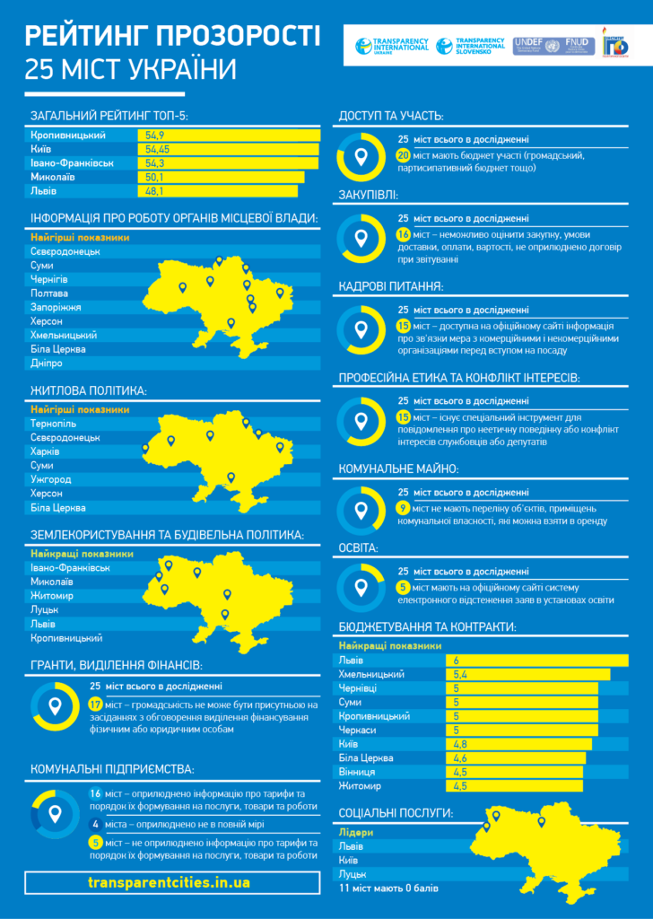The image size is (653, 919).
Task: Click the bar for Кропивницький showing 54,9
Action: click(229, 135)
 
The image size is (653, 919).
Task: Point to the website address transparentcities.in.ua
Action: click(170, 882)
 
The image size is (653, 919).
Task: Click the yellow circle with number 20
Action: click(404, 155)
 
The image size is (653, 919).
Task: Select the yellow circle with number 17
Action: click(97, 705)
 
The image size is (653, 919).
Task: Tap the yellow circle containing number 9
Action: click(404, 508)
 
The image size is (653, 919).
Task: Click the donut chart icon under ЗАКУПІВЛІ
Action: click(361, 239)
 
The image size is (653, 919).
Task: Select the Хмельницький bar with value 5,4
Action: click(527, 674)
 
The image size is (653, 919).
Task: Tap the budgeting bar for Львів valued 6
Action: click(536, 660)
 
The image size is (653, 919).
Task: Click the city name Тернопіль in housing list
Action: click(53, 424)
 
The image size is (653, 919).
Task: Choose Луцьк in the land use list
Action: click(45, 609)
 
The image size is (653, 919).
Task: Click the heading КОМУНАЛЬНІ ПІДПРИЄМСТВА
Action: click(112, 769)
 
